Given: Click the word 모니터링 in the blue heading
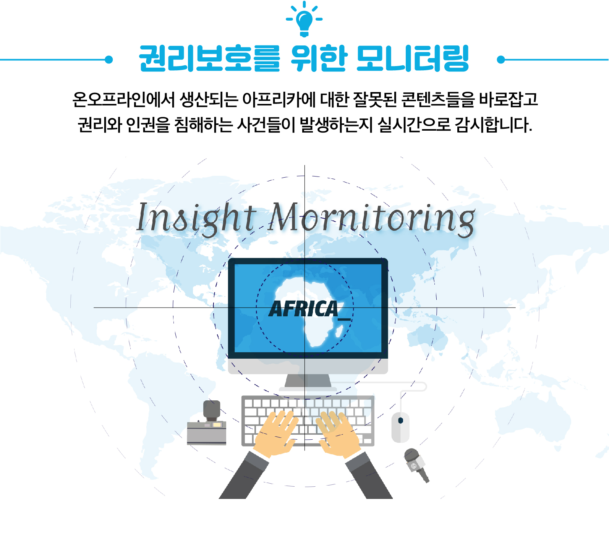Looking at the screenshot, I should point(413,58).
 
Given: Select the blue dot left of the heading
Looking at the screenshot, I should point(109,60).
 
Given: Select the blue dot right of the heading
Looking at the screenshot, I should point(501,60).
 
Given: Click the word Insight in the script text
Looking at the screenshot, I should point(196,218).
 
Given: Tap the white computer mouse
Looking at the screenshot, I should point(400,427).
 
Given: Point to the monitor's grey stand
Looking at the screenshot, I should point(308,381).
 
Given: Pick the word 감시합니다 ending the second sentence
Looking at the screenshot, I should point(493,125).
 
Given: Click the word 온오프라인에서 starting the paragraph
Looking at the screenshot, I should point(123,100).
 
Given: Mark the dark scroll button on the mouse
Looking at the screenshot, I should point(400,420).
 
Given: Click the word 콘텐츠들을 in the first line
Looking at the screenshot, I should point(438,100).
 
